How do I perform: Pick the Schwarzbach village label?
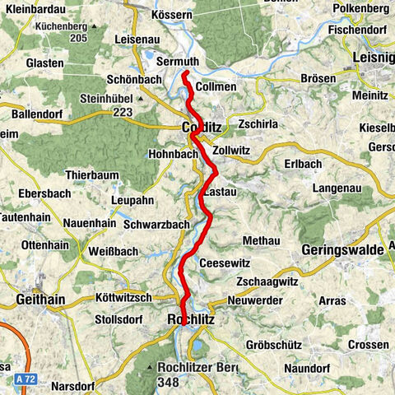click(x=157, y=224)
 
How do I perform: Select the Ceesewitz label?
click(x=225, y=263)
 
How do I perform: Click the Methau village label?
click(x=261, y=240)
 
